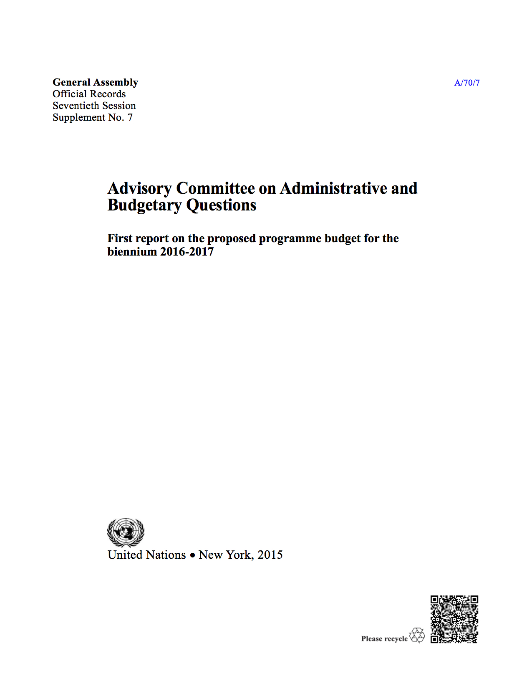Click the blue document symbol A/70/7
pyautogui.click(x=466, y=83)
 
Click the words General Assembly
pyautogui.click(x=95, y=82)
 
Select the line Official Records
pyautogui.click(x=89, y=94)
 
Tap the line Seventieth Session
pyautogui.click(x=94, y=106)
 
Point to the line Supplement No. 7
pyautogui.click(x=93, y=117)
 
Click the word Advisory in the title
pyautogui.click(x=139, y=188)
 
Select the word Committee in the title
pyautogui.click(x=215, y=188)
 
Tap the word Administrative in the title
pyautogui.click(x=333, y=188)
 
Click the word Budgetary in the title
pyautogui.click(x=144, y=205)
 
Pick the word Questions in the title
pyautogui.click(x=221, y=205)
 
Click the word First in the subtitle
pyautogui.click(x=120, y=238)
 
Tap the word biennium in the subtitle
pyautogui.click(x=132, y=252)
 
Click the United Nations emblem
pyautogui.click(x=126, y=532)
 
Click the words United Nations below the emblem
pyautogui.click(x=146, y=555)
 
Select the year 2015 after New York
pyautogui.click(x=270, y=555)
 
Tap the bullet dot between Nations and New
pyautogui.click(x=192, y=555)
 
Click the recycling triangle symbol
pyautogui.click(x=417, y=635)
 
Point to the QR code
pyautogui.click(x=454, y=619)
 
